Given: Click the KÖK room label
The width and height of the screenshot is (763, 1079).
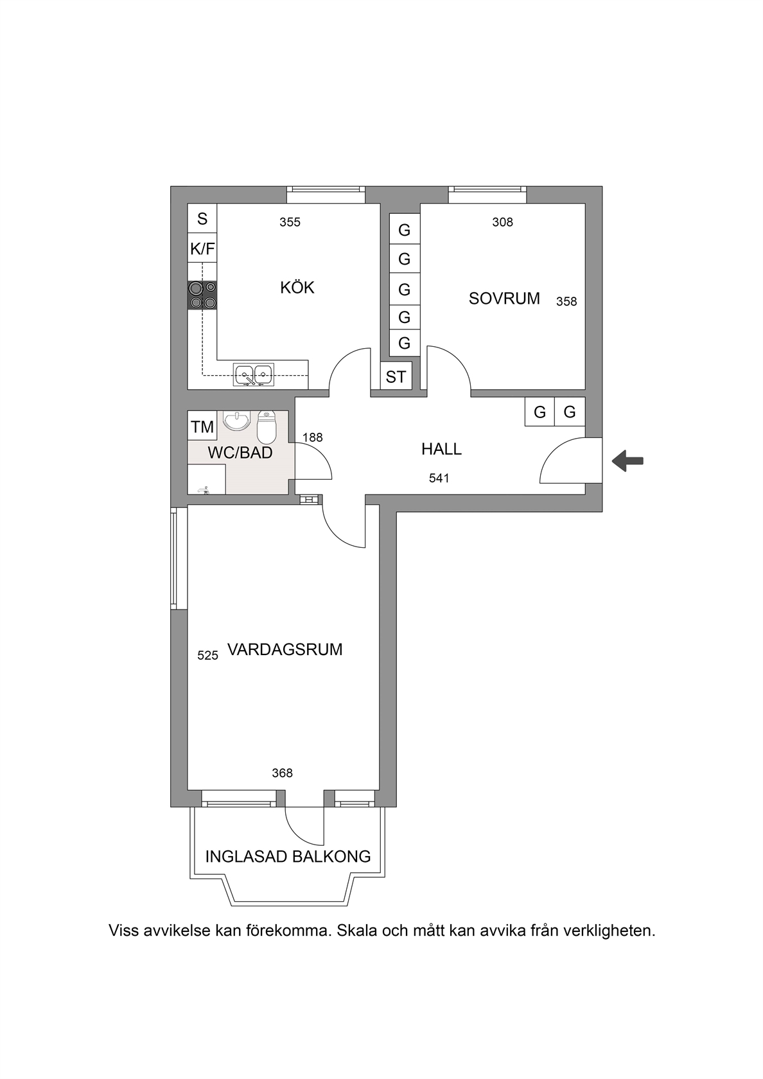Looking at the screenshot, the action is tap(297, 288).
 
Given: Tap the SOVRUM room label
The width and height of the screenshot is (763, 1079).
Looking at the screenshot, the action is tap(504, 298).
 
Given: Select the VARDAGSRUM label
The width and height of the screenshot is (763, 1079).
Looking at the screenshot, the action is tap(285, 649).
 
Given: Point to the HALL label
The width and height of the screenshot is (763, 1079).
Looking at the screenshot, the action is tap(441, 449).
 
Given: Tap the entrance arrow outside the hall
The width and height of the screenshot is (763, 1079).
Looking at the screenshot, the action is tap(627, 461).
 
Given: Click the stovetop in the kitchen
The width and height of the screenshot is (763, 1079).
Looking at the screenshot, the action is tap(202, 295).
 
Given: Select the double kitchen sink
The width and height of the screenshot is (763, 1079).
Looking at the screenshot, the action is tap(254, 375).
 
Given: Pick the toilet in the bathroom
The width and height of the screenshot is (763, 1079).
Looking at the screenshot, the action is tap(267, 426).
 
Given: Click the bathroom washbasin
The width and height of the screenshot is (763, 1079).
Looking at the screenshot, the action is tap(236, 421).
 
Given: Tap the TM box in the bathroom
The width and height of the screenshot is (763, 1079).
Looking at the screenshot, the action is tap(202, 426).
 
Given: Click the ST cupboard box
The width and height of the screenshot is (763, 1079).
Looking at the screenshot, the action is tap(396, 376).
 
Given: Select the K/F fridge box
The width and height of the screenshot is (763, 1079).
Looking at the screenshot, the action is tap(202, 249).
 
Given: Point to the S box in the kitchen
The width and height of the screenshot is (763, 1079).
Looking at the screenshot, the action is tap(202, 218).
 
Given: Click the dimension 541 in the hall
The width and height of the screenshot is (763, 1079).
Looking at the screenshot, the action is tap(439, 478).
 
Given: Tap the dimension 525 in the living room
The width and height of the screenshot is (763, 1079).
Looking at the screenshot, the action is tap(208, 655).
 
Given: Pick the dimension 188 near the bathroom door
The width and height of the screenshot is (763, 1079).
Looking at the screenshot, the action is tap(313, 437).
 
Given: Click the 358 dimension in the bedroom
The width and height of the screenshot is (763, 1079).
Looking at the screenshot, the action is tap(566, 302).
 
